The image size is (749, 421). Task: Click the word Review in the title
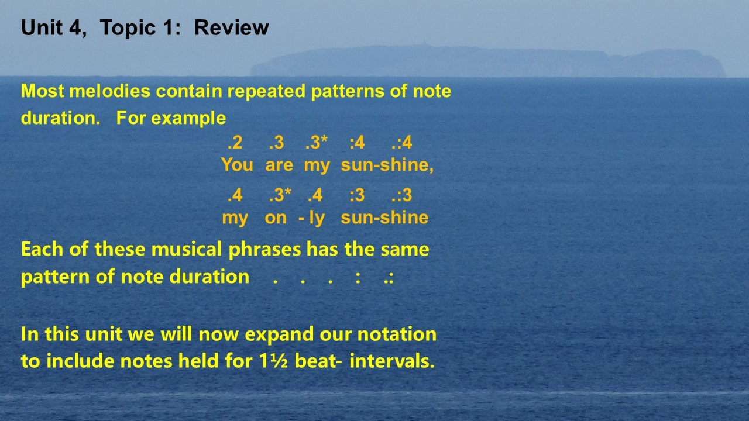(231, 27)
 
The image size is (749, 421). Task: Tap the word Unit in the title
(42, 27)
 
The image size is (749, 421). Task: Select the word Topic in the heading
(128, 28)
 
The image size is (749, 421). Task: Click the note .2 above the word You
(235, 142)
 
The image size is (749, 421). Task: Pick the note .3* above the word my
(317, 142)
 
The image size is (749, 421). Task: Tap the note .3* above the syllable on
(280, 195)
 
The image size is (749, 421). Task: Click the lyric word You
(237, 165)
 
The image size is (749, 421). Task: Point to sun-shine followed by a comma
(387, 165)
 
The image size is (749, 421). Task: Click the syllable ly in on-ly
(317, 219)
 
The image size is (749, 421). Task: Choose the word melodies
(109, 91)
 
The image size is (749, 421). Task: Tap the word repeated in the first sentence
(266, 92)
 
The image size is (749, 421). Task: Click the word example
(188, 119)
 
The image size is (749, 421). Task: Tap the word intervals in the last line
(392, 361)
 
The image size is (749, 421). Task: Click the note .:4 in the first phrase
(401, 142)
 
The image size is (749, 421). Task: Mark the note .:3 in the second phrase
(401, 195)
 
